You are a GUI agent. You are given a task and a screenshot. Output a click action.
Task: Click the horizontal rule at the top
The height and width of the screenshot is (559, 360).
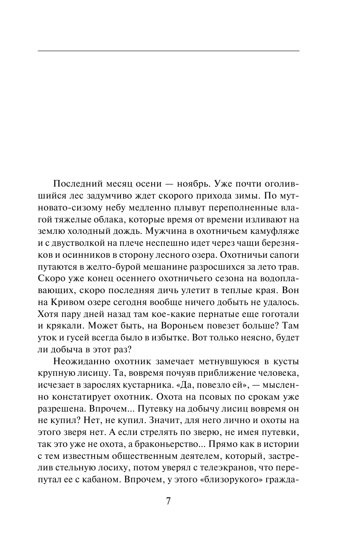[168, 51]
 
